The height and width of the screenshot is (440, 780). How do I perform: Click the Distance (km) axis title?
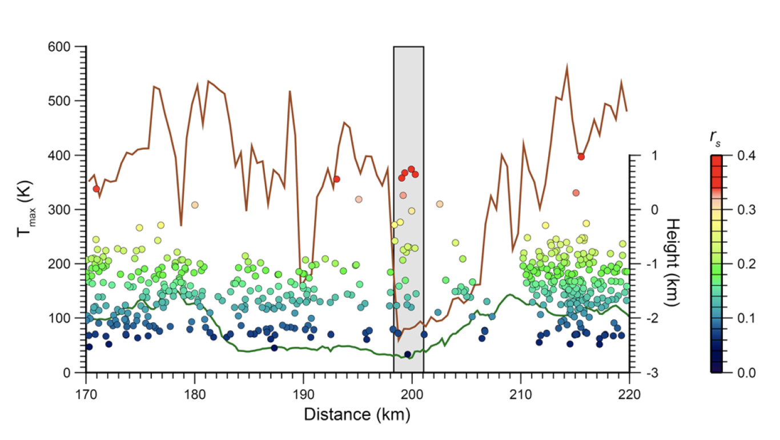357,414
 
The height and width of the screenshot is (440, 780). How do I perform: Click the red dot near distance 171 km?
97,189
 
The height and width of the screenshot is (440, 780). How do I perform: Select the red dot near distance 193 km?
337,179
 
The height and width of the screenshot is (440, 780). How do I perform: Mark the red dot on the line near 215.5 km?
581,157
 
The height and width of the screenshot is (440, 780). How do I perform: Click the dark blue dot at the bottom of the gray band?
408,354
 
